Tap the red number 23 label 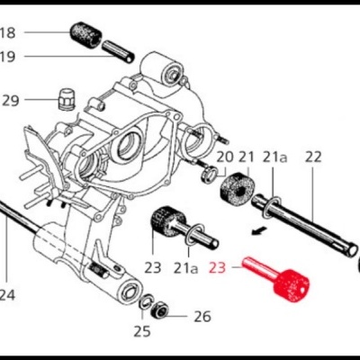219,266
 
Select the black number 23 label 152,267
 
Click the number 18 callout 8,34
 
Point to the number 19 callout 8,57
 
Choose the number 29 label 10,100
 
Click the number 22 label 312,157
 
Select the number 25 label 141,331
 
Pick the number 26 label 202,317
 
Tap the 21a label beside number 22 275,157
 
